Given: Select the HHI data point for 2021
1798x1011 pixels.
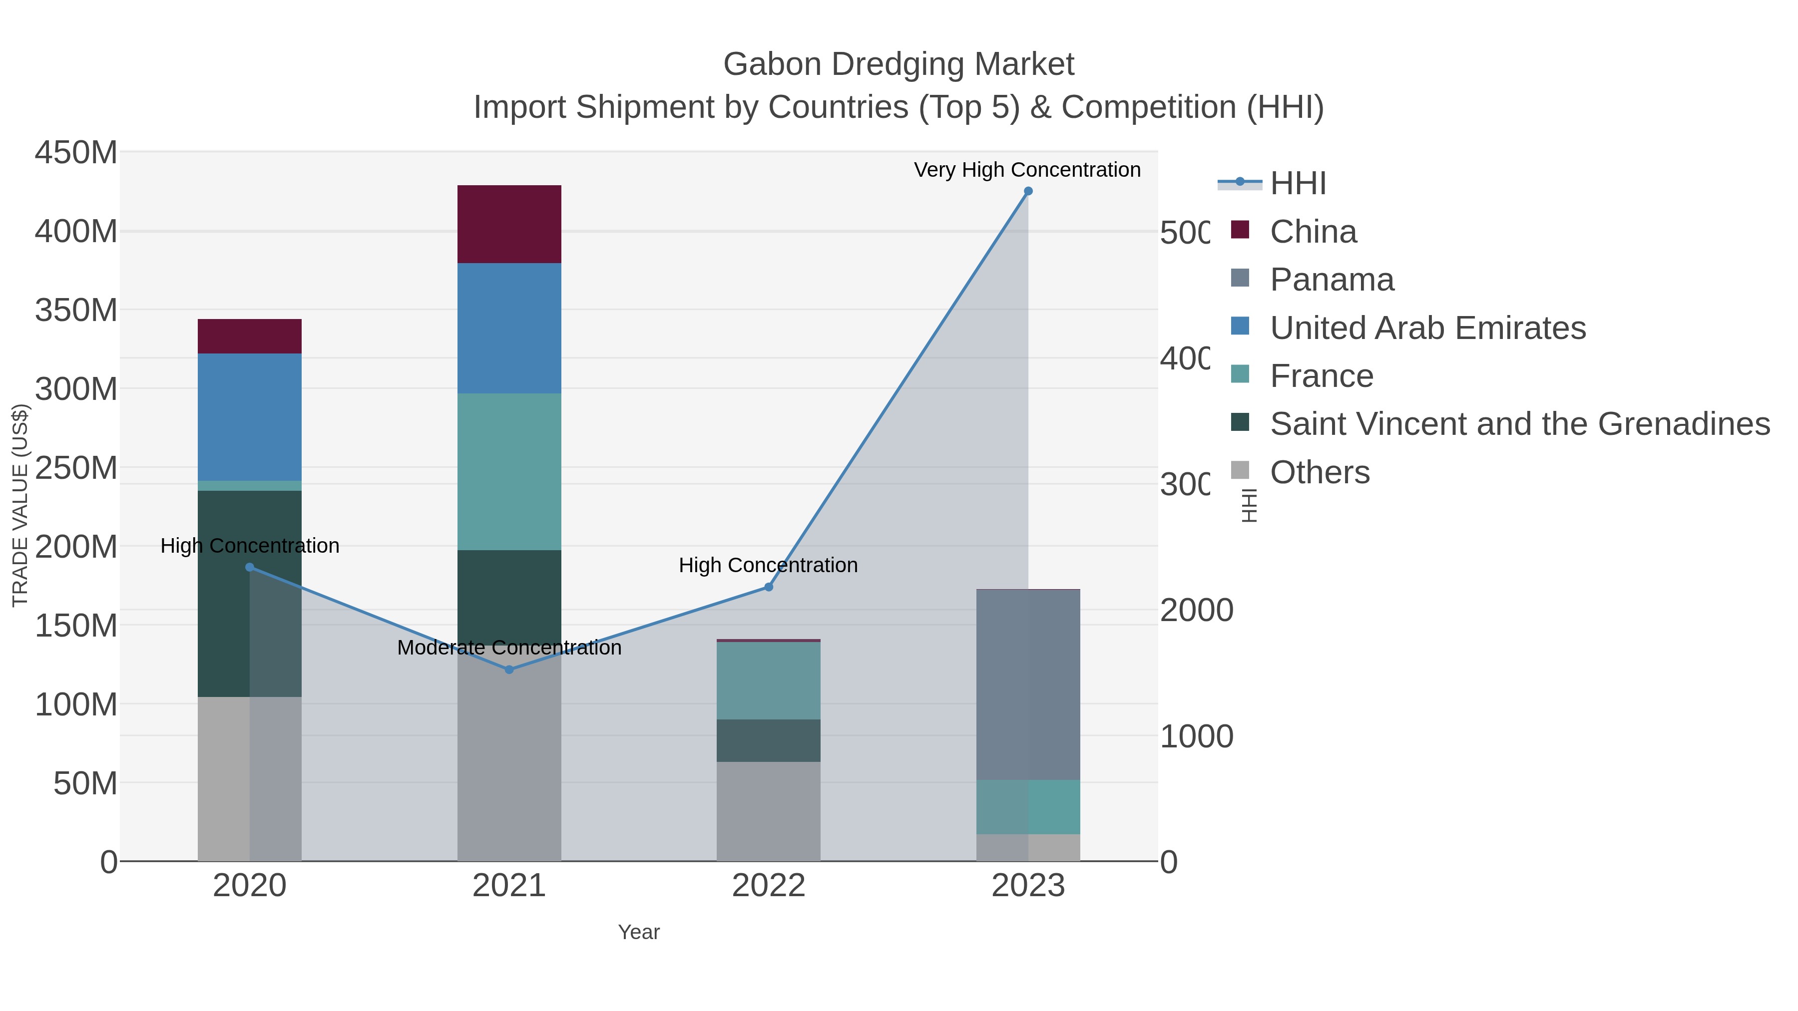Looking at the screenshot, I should click(x=509, y=670).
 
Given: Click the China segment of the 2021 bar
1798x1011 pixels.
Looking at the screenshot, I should click(x=509, y=224).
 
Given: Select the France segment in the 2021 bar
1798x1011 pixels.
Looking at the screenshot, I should click(x=509, y=472).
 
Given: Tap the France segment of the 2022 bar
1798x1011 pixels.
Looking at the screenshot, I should click(x=769, y=680).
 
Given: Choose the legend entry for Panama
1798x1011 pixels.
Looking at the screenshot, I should click(x=1331, y=280).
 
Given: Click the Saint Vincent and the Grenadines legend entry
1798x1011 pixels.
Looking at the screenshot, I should click(x=1519, y=424).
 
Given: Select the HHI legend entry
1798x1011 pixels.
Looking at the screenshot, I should click(x=1298, y=184).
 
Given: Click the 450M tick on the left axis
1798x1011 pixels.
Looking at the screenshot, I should click(x=75, y=153).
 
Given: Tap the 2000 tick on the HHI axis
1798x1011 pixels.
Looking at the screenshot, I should click(x=1196, y=611).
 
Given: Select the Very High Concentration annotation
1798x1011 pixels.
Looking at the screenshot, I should click(x=1027, y=170).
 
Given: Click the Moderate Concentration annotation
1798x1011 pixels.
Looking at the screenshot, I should click(x=509, y=648).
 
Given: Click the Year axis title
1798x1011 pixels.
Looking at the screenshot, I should click(x=639, y=932).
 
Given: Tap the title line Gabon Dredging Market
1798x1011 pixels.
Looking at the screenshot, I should click(x=899, y=64).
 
